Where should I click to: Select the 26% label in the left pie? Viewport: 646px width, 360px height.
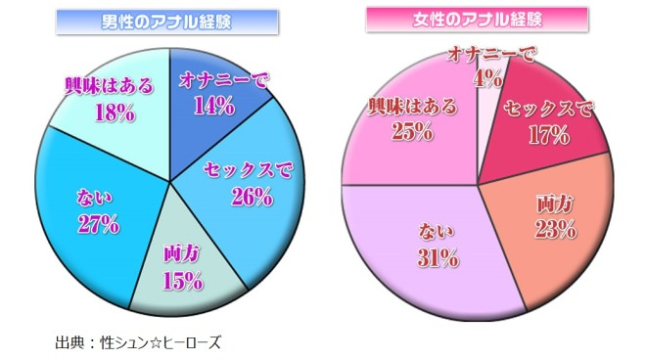coord(253,197)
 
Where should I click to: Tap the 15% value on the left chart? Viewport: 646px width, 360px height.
coord(185,281)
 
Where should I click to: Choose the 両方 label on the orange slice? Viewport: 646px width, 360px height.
coord(555,206)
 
